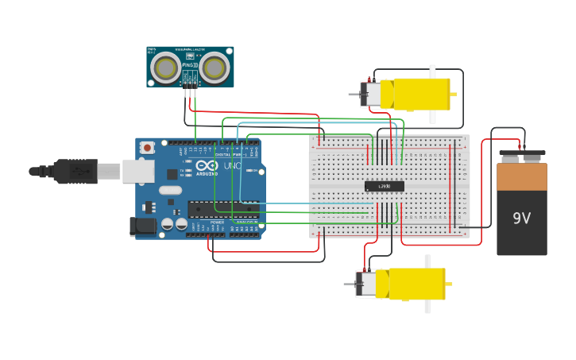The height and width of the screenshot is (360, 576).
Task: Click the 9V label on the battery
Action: coord(521,218)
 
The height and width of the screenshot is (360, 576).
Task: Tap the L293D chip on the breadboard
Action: coord(385,186)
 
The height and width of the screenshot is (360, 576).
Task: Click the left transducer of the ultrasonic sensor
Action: coord(165,68)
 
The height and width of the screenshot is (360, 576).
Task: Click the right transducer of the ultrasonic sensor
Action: coord(214,68)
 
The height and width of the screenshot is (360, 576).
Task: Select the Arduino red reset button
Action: coord(147,147)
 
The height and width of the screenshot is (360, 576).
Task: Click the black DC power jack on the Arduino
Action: coord(144,226)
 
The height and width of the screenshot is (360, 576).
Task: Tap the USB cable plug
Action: coord(75,171)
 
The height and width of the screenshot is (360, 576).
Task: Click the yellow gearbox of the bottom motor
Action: coord(415,284)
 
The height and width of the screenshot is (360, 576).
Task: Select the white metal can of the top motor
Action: coord(371,94)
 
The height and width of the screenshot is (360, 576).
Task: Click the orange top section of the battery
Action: coord(521,176)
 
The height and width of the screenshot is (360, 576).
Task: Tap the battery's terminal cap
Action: coord(521,156)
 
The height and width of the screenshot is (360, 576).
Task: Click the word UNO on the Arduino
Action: coord(232,166)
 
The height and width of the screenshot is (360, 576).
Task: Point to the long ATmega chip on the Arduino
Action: coord(223,210)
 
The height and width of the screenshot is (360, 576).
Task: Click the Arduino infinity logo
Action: coord(205,165)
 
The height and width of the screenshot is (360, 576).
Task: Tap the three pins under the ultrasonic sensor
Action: coord(190,92)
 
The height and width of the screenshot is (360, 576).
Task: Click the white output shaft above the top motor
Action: coord(432,71)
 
